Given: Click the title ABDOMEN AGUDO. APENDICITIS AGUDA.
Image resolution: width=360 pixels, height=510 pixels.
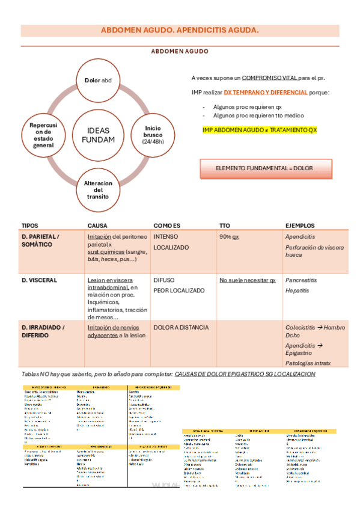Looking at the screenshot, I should [180, 29].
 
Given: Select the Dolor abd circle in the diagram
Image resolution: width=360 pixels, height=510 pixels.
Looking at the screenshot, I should [99, 80].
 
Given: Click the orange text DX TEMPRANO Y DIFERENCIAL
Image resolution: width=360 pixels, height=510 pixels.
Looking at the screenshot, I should [266, 93].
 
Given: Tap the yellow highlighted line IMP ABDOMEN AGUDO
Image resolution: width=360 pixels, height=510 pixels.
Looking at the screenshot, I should [260, 130].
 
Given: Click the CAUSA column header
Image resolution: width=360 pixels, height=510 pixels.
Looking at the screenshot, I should [97, 226].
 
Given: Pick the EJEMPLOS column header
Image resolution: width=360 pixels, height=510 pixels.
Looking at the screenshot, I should [300, 226].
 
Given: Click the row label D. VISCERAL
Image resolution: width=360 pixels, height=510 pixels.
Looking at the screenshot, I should [40, 280].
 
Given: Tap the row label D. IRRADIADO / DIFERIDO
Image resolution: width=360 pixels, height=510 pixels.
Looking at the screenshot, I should [43, 331].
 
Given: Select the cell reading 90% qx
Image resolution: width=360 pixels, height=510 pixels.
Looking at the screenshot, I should [228, 237].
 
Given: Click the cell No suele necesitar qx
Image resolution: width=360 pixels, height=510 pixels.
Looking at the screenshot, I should [247, 280].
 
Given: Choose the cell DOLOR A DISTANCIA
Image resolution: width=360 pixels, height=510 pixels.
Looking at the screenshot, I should [181, 328].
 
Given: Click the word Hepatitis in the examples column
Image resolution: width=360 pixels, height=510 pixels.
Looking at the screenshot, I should [297, 290].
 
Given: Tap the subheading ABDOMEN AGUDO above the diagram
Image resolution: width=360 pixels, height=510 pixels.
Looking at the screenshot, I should [180, 52].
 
